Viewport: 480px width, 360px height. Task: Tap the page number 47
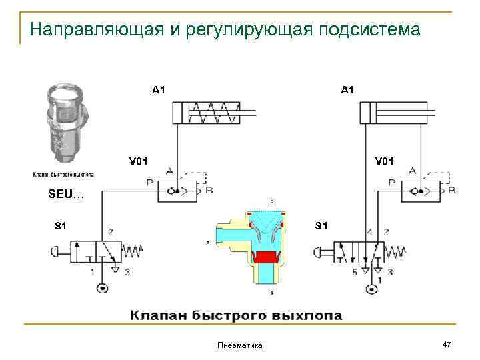tap(447, 343)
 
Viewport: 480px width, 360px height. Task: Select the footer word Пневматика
tap(240, 345)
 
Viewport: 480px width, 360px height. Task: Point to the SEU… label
tap(66, 195)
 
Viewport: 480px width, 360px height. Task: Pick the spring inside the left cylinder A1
tap(217, 113)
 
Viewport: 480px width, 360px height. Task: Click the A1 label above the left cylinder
tap(159, 89)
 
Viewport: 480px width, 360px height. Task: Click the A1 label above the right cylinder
tap(348, 89)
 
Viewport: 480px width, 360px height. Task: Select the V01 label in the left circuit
tap(138, 160)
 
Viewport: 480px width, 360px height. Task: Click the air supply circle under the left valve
tap(102, 289)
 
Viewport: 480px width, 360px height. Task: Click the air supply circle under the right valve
tap(371, 289)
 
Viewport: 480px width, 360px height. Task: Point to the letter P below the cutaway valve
tap(271, 293)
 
